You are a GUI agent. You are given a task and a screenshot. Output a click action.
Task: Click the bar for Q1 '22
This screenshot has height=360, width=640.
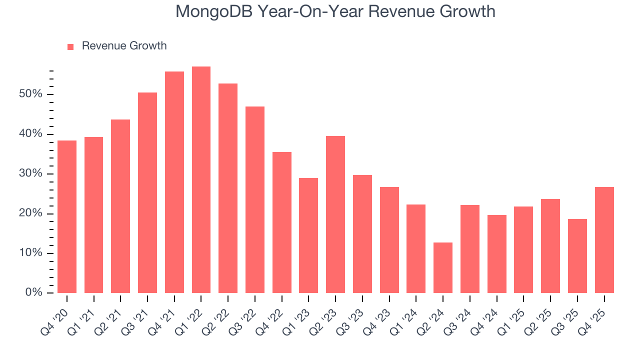(201, 179)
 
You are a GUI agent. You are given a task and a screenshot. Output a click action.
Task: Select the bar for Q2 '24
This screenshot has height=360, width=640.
(443, 267)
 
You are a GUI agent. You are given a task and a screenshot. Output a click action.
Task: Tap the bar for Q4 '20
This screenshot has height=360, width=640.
(67, 216)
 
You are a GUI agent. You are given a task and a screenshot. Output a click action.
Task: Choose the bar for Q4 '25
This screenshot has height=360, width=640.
(604, 239)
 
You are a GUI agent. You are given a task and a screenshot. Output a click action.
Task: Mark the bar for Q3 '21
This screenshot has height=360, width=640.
(147, 192)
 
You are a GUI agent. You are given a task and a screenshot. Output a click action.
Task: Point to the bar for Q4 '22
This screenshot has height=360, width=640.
(282, 222)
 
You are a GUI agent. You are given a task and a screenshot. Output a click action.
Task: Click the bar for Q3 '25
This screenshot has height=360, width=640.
(577, 255)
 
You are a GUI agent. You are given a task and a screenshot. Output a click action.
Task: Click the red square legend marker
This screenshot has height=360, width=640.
(70, 46)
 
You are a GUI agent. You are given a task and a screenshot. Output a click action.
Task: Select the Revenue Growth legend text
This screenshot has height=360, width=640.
(124, 46)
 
